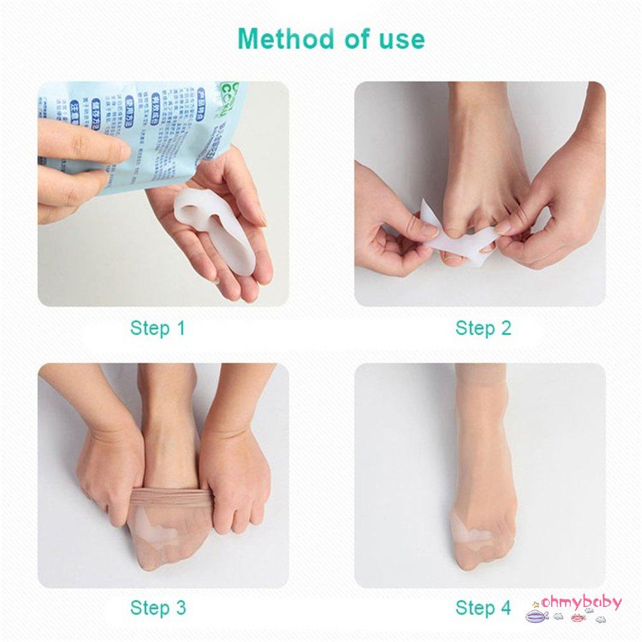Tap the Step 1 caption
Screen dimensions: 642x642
[158, 329]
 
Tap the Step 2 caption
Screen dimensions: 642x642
[483, 329]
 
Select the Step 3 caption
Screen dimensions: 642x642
[158, 608]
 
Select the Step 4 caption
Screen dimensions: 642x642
[483, 608]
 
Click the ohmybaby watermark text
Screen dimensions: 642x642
[581, 602]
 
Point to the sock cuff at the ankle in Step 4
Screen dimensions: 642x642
[480, 375]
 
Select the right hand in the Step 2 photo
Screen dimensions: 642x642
[553, 210]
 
